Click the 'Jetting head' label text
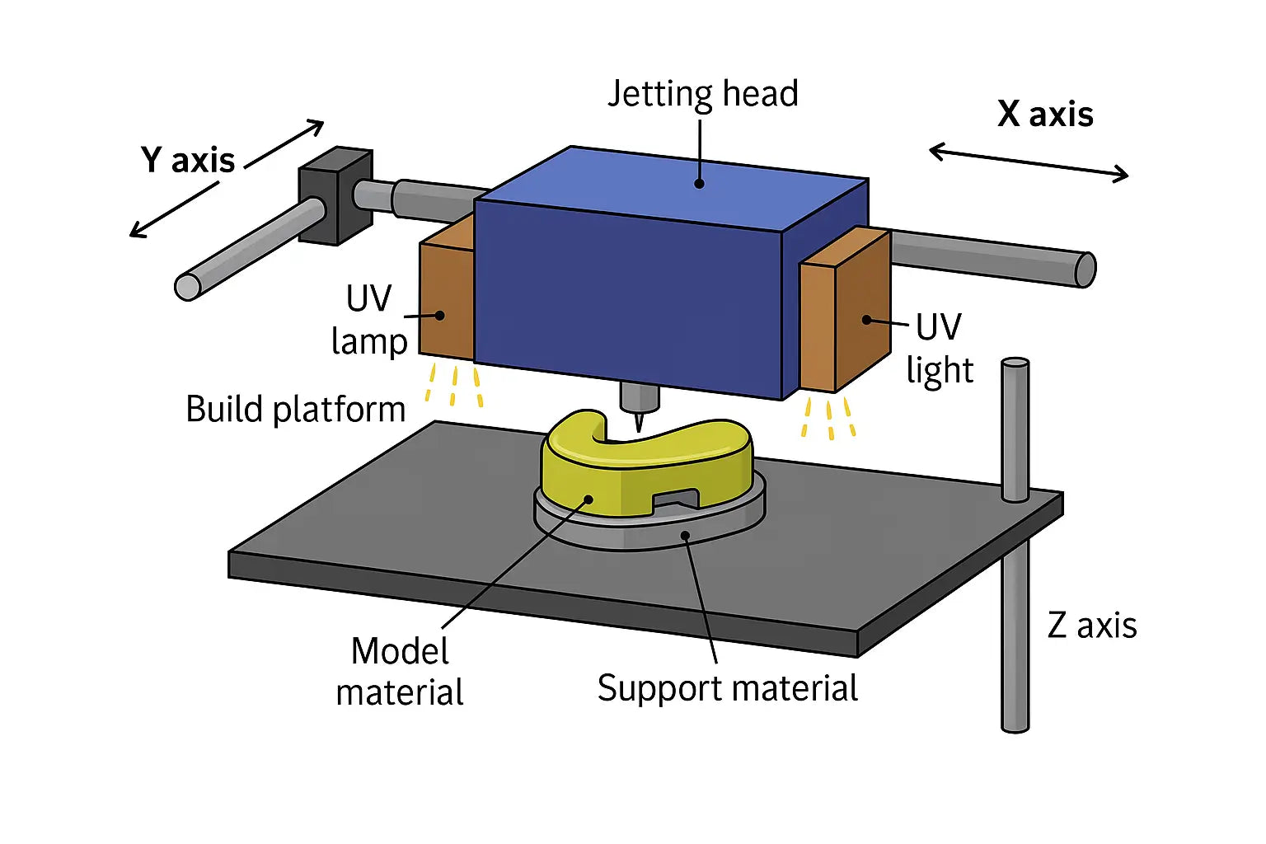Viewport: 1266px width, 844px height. [702, 94]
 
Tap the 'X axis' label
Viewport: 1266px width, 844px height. [1045, 114]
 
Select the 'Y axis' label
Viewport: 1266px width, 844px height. [188, 160]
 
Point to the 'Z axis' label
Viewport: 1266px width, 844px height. [1092, 626]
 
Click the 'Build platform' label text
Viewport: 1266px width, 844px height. [295, 410]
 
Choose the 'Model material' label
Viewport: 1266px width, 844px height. [400, 672]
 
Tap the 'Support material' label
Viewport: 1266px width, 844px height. [727, 688]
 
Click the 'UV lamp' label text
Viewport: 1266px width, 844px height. [369, 320]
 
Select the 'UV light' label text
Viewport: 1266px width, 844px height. [940, 349]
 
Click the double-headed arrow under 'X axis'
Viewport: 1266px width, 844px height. [1028, 162]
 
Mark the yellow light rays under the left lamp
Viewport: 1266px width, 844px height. [453, 386]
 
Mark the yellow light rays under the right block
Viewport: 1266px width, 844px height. [829, 418]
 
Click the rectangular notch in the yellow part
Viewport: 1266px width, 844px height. [676, 499]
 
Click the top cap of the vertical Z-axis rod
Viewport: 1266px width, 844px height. [1015, 363]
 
